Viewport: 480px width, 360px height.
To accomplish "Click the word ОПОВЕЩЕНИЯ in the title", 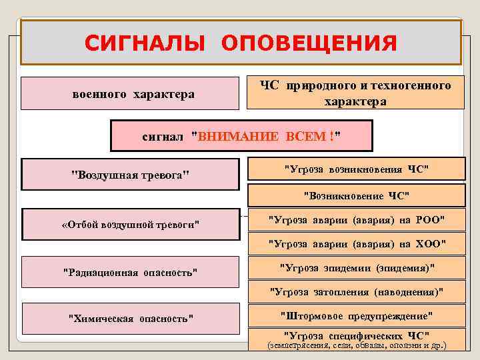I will pos(309,43).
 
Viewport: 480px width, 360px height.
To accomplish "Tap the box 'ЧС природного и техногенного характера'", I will pos(355,94).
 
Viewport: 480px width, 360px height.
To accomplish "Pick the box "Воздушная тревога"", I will pos(130,175).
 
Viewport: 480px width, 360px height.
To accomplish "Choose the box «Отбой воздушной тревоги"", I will pos(130,224).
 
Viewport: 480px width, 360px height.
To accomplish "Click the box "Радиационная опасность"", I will pos(130,272).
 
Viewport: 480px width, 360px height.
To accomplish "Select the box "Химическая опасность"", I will pos(130,319).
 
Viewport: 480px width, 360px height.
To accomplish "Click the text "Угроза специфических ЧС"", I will pos(356,335).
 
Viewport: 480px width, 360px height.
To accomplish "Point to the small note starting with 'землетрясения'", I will pos(356,346).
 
